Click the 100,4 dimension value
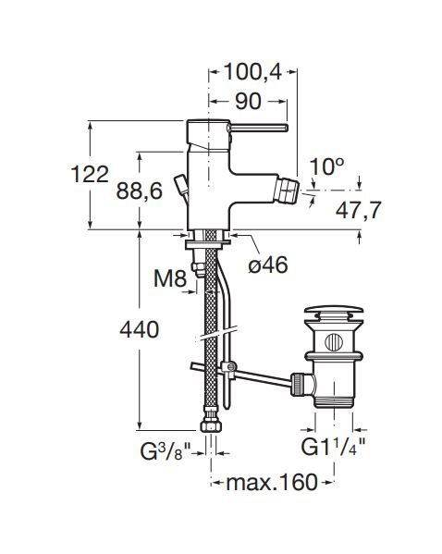252,72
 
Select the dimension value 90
249,102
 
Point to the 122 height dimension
90,175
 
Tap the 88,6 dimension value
140,191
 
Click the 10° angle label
326,166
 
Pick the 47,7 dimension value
358,211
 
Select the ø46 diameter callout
268,265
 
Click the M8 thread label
170,278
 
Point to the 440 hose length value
140,330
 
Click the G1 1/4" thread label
333,448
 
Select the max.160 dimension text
272,483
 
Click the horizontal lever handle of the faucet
259,128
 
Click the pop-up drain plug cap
334,314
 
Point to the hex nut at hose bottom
211,425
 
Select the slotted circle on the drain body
334,342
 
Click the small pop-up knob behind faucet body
181,186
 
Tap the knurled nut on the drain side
298,385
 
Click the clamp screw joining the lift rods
230,367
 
